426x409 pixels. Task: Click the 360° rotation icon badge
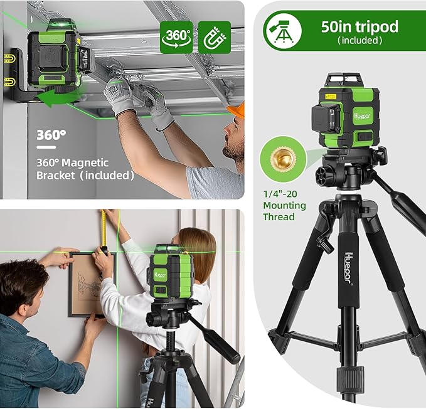click(x=176, y=37)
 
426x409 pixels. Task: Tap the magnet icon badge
click(x=213, y=37)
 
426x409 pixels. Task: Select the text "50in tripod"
click(x=359, y=27)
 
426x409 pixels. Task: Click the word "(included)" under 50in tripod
click(x=359, y=41)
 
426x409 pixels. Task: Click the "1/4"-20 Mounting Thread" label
click(x=285, y=205)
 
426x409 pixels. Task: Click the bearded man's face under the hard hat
click(x=233, y=142)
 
